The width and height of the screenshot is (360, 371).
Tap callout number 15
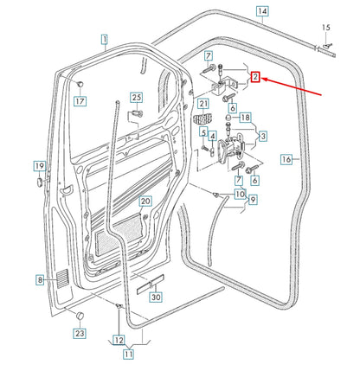(x=325, y=28)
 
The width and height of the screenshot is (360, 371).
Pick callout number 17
(x=80, y=101)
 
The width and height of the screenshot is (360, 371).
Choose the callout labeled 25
(x=136, y=98)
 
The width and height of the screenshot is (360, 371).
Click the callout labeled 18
(x=245, y=118)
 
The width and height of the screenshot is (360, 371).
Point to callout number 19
(x=39, y=166)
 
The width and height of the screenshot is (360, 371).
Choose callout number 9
(x=252, y=201)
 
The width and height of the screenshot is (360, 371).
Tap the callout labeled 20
(x=145, y=201)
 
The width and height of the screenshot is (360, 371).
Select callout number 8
(x=40, y=279)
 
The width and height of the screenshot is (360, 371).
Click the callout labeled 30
(x=155, y=298)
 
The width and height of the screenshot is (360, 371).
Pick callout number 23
(x=79, y=332)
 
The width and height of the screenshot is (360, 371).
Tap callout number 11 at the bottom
(x=127, y=353)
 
